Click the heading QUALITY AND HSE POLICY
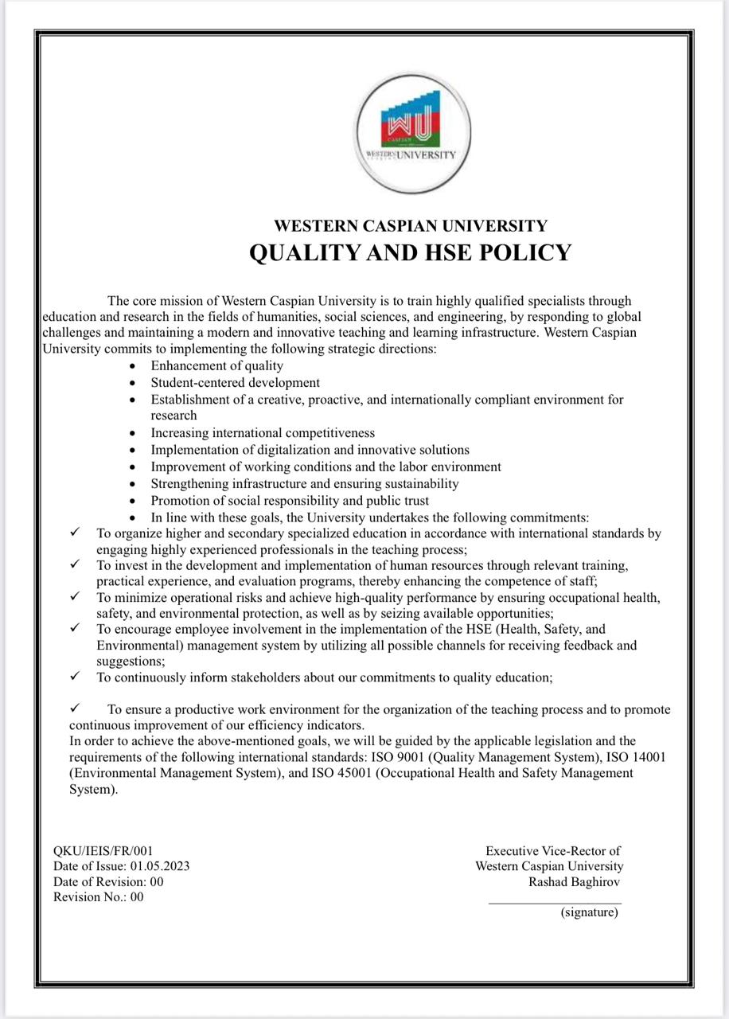pyautogui.click(x=410, y=252)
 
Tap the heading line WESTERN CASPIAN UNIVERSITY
pyautogui.click(x=410, y=226)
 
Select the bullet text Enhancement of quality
pyautogui.click(x=216, y=365)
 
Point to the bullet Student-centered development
pyautogui.click(x=235, y=382)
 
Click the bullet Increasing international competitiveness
pyautogui.click(x=263, y=433)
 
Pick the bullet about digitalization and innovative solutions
pyautogui.click(x=310, y=450)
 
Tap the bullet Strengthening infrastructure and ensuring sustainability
pyautogui.click(x=305, y=483)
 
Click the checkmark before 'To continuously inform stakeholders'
pyautogui.click(x=75, y=677)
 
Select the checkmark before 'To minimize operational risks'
pyautogui.click(x=75, y=595)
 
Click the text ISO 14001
pyautogui.click(x=637, y=757)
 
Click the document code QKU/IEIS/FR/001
pyautogui.click(x=103, y=851)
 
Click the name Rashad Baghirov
pyautogui.click(x=575, y=881)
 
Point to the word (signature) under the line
pyautogui.click(x=589, y=912)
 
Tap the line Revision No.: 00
pyautogui.click(x=99, y=897)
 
